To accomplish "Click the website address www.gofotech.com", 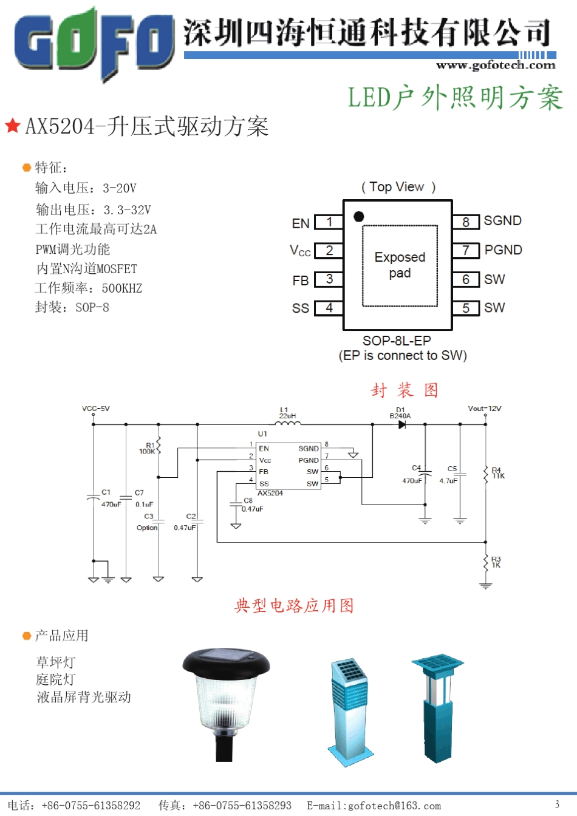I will click(496, 66).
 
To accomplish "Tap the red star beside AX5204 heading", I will click(13, 126).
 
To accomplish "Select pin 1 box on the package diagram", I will click(329, 222).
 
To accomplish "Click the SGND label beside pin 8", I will click(502, 221).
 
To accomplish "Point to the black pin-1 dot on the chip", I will click(359, 216).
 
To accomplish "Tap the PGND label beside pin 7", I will click(503, 250).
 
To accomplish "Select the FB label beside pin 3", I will click(301, 280).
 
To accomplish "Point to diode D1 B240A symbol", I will click(401, 424).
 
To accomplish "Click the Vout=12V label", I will click(485, 409).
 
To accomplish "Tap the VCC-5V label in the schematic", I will click(96, 409).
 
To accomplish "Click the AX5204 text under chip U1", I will click(270, 494).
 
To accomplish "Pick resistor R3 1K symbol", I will click(486, 563).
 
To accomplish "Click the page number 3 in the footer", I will click(557, 804).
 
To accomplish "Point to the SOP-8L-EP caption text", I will click(397, 341).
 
